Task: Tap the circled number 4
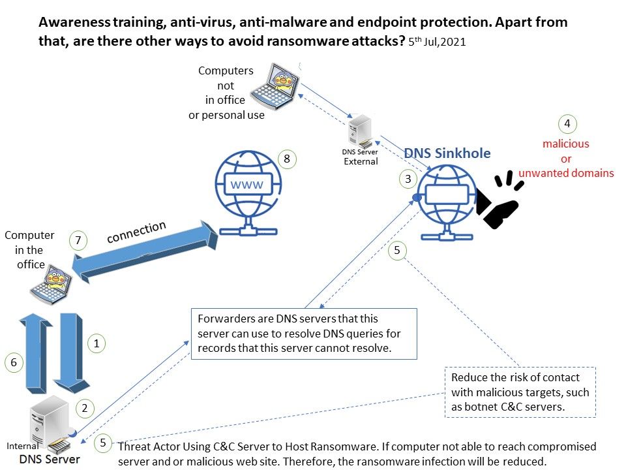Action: tap(567, 123)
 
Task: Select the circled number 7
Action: tap(78, 240)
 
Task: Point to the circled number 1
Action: tap(97, 343)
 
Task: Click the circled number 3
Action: tap(408, 178)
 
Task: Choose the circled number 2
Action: tap(84, 409)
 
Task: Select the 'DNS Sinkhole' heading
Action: tap(447, 153)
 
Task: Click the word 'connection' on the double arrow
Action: tap(136, 232)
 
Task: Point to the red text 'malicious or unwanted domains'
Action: tap(566, 159)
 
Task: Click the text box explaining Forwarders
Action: tap(303, 334)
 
